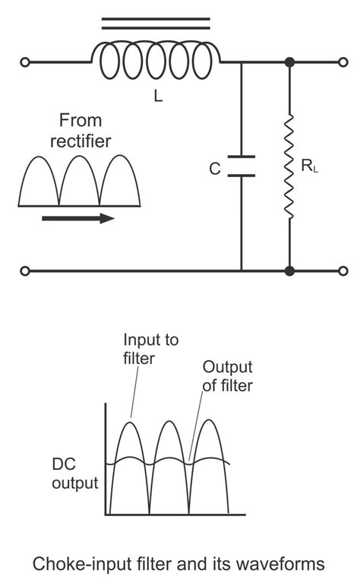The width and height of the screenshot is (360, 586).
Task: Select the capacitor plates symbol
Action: pyautogui.click(x=242, y=166)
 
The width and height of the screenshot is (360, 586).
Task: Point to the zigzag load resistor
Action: pyautogui.click(x=289, y=166)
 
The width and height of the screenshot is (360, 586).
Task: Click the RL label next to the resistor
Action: pyautogui.click(x=309, y=166)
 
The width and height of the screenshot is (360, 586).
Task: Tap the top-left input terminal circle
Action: pyautogui.click(x=25, y=62)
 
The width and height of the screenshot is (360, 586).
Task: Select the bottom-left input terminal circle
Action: pyautogui.click(x=25, y=271)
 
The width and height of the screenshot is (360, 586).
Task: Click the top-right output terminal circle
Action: pyautogui.click(x=343, y=62)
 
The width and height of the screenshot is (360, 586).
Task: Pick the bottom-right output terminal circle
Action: pyautogui.click(x=343, y=271)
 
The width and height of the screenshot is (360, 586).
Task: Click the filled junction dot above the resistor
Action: pyautogui.click(x=289, y=62)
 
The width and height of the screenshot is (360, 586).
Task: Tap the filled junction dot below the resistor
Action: pyautogui.click(x=289, y=271)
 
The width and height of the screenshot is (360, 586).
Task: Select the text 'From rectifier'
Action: pyautogui.click(x=86, y=131)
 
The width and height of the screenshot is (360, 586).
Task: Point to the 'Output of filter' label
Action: pyautogui.click(x=227, y=376)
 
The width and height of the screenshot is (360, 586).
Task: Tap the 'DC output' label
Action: pyautogui.click(x=75, y=473)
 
